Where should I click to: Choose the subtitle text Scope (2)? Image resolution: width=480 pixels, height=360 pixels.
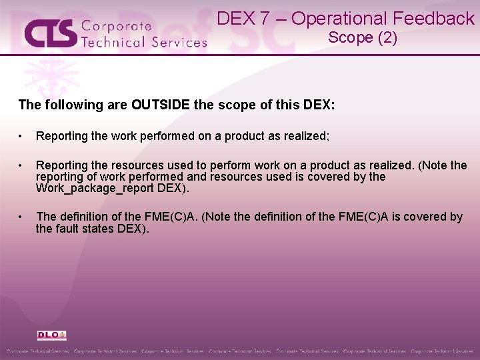click(x=363, y=38)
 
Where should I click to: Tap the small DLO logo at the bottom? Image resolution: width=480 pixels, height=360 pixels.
click(x=51, y=335)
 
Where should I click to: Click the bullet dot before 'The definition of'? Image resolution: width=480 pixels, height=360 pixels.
click(x=23, y=217)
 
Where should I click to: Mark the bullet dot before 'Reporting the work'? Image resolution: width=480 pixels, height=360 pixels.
click(x=23, y=137)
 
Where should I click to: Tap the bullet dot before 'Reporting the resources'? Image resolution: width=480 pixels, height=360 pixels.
click(x=23, y=165)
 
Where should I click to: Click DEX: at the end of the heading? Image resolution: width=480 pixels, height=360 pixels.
click(x=321, y=105)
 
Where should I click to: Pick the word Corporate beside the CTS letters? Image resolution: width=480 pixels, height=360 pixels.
click(x=116, y=27)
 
